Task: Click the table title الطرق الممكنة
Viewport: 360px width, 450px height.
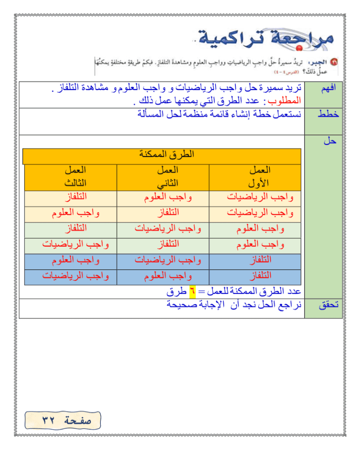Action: click(167, 155)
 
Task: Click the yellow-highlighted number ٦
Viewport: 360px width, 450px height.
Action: click(191, 291)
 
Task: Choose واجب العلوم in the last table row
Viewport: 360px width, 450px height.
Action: click(167, 275)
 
